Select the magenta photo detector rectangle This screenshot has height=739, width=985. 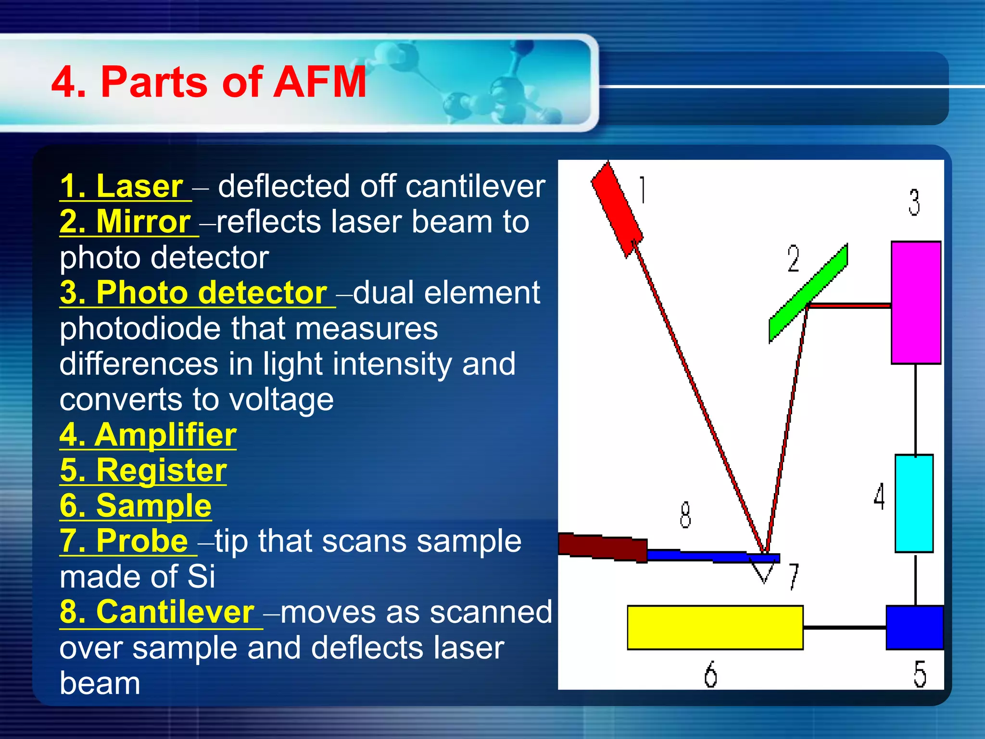(x=915, y=302)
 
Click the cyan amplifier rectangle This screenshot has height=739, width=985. (x=914, y=503)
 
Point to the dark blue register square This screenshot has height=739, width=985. (x=914, y=627)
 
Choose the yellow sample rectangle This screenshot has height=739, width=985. (x=715, y=627)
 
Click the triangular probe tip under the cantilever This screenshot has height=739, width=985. (x=764, y=572)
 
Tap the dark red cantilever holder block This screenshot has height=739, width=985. (x=603, y=548)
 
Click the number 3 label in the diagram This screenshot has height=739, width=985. (x=914, y=202)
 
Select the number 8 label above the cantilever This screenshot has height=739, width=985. (x=685, y=515)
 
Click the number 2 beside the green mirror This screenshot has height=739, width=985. (x=793, y=259)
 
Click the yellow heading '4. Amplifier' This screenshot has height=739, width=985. (x=148, y=435)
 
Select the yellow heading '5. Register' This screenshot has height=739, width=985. (x=143, y=471)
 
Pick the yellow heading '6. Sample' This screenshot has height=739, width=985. (x=136, y=506)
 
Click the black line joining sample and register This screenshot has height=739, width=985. (x=844, y=627)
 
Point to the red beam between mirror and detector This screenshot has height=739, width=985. (x=849, y=305)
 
